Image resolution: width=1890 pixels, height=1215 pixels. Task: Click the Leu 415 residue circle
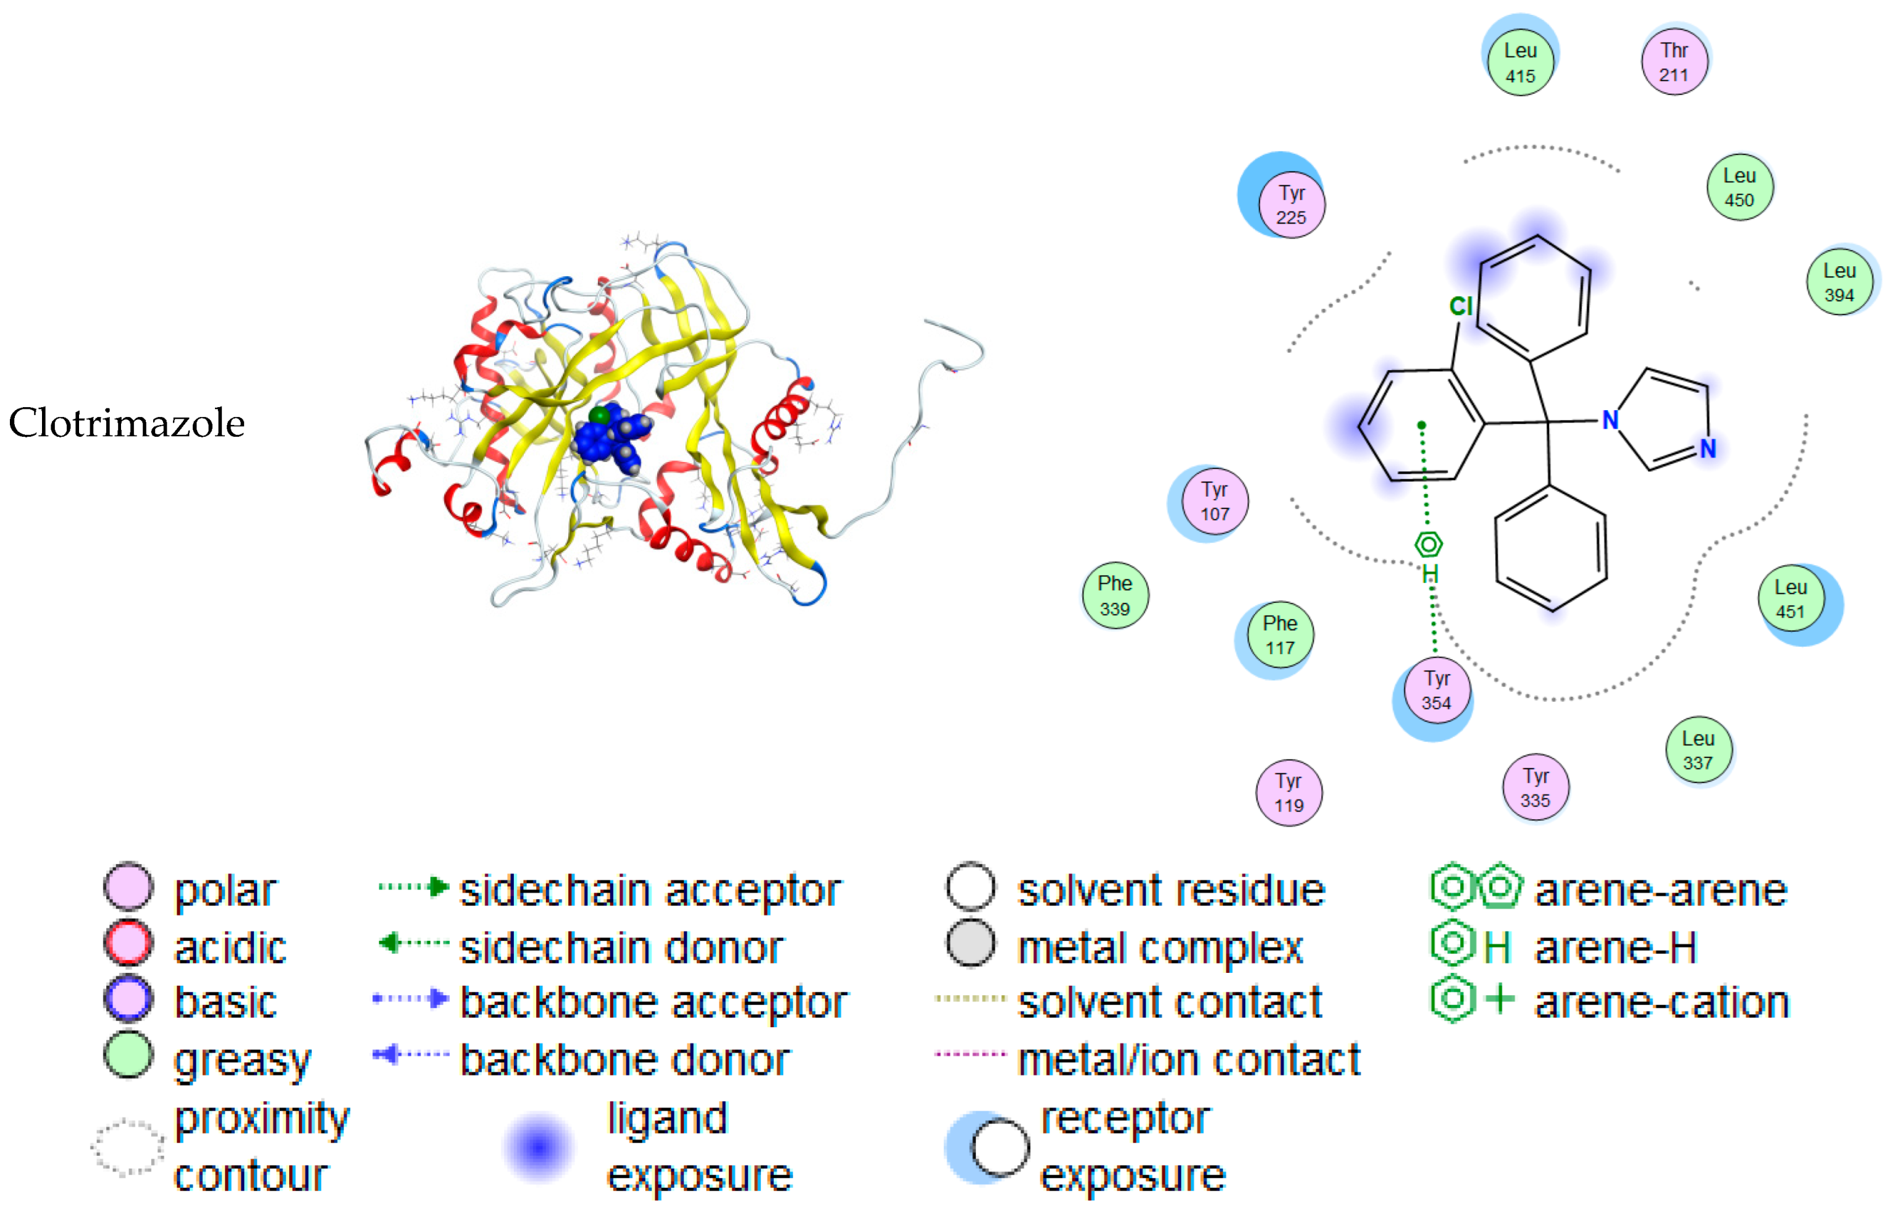[x=1520, y=62]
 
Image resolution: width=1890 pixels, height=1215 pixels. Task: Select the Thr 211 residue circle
[x=1674, y=62]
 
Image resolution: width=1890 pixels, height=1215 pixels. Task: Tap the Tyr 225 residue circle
[x=1291, y=204]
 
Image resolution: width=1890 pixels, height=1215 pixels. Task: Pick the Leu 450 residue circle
[x=1739, y=187]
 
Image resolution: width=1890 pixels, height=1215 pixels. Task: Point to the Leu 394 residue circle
[x=1839, y=282]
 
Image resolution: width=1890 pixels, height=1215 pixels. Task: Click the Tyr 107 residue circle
[x=1215, y=501]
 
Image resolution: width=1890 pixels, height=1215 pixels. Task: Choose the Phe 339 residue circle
[x=1115, y=595]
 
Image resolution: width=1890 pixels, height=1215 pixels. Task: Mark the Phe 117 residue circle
[x=1280, y=634]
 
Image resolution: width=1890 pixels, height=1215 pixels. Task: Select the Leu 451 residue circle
[x=1791, y=599]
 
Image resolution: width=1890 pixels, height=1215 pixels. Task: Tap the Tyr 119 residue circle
[x=1289, y=793]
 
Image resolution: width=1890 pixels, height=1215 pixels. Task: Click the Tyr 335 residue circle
[x=1536, y=788]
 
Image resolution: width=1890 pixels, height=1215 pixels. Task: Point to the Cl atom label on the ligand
[x=1461, y=306]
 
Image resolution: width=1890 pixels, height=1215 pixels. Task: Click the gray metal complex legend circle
[x=971, y=944]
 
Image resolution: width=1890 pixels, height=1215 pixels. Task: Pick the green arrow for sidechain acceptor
[x=413, y=888]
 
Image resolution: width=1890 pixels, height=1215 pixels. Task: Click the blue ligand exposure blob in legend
[x=539, y=1147]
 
